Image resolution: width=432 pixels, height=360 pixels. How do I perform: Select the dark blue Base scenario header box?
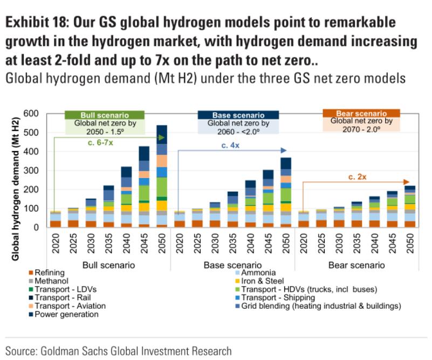coord(238,115)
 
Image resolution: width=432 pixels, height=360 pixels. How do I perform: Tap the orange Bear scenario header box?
coord(361,114)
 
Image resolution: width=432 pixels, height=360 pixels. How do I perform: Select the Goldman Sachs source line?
coord(119,350)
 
